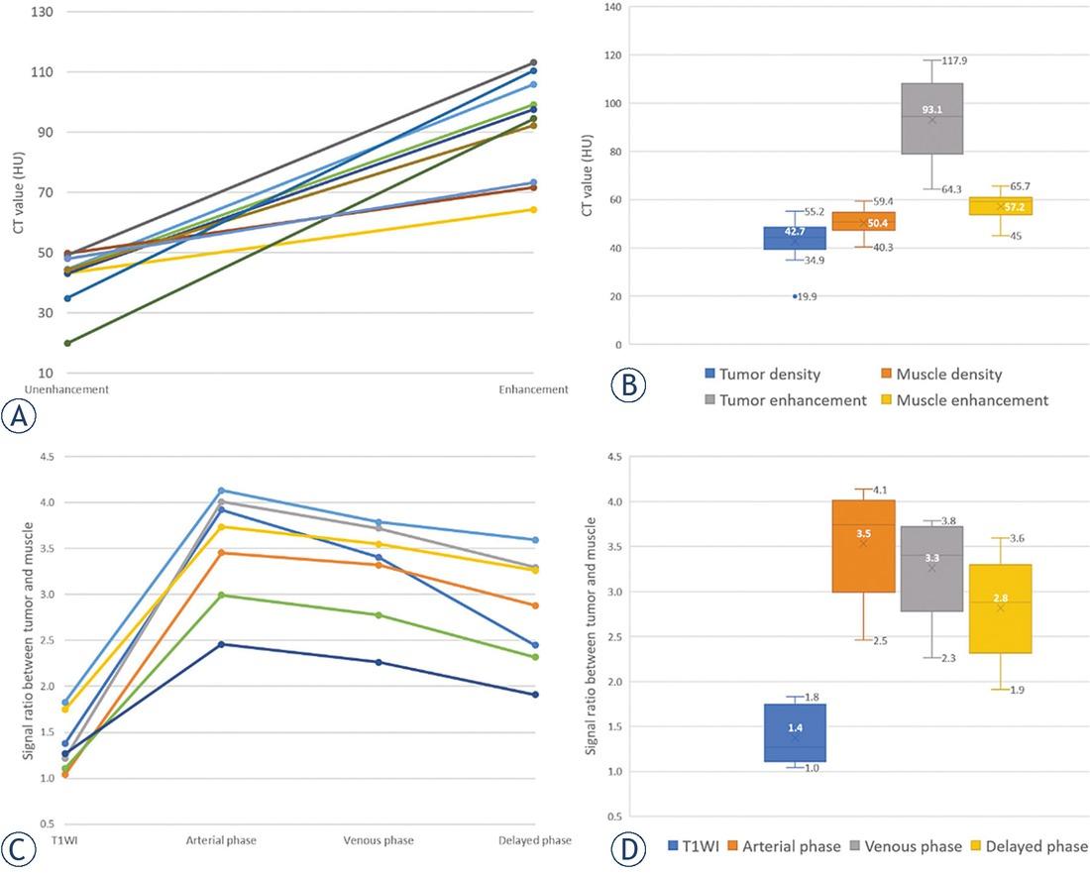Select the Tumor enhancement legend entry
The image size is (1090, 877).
click(779, 400)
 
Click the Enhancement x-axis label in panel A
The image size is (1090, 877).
click(534, 389)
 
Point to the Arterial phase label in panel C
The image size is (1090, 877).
click(222, 840)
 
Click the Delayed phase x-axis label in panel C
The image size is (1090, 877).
click(536, 840)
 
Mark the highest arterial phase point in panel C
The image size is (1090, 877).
click(222, 490)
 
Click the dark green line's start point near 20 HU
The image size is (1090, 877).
click(66, 343)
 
